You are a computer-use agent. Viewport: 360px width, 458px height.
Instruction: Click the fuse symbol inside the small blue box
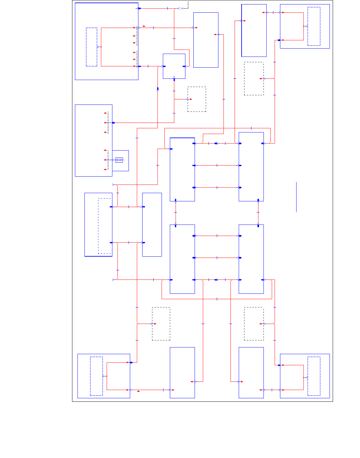point(119,160)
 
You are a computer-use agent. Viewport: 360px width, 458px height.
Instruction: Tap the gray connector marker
point(182,8)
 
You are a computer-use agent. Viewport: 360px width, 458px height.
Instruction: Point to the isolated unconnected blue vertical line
point(296,197)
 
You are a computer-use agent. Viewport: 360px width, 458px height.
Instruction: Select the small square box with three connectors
point(174,66)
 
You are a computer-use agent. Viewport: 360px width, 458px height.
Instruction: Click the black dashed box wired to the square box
point(197,99)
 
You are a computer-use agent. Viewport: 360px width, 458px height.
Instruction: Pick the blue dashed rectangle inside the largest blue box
point(91,47)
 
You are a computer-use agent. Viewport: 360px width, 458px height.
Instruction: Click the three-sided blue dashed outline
point(105,226)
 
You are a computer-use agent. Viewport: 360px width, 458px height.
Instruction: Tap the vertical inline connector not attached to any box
point(157,89)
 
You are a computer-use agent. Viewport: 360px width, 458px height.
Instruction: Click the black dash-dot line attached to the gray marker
point(188,5)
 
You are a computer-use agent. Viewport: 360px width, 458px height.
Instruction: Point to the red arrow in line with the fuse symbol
point(105,160)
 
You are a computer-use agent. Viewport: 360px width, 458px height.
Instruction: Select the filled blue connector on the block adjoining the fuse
point(113,123)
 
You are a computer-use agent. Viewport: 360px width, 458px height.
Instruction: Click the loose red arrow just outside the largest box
point(144,26)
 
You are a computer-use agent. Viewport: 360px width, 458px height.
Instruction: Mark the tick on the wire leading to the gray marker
point(167,8)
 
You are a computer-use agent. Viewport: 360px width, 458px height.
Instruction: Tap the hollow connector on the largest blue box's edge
point(139,28)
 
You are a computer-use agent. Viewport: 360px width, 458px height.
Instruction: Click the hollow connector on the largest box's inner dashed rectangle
point(97,47)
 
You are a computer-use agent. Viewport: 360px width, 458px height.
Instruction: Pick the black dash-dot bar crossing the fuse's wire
point(108,160)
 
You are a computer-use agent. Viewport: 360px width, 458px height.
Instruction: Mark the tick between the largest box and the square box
point(148,66)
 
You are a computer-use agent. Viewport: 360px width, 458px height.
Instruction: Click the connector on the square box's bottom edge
point(174,78)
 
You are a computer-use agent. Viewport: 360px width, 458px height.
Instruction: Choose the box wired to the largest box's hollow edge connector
point(206,40)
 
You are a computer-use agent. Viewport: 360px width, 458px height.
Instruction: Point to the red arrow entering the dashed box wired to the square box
point(190,99)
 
